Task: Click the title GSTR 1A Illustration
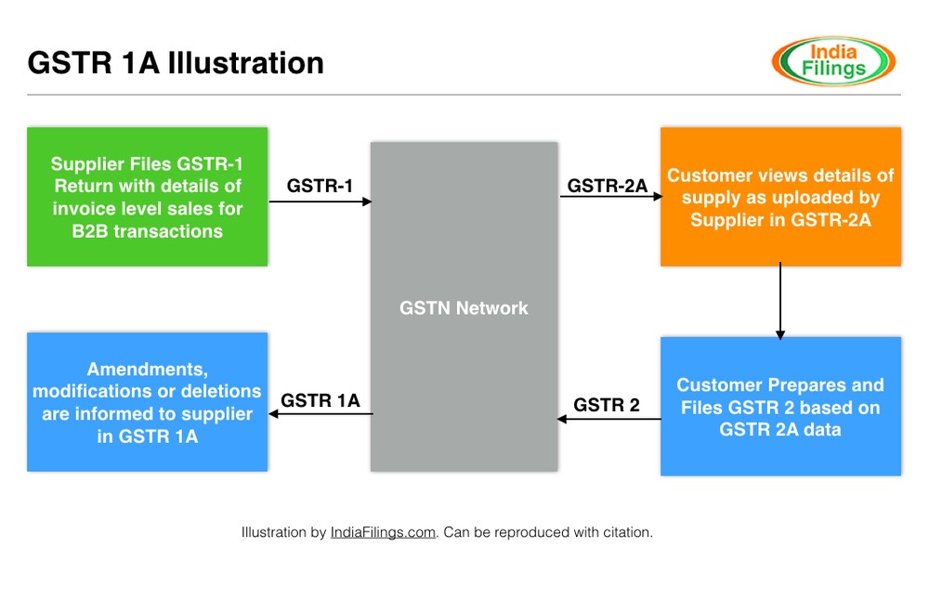(176, 62)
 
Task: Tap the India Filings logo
(833, 61)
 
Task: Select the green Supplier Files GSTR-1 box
(148, 197)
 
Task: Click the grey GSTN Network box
(464, 306)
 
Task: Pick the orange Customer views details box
(780, 197)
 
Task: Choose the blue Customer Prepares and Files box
(780, 407)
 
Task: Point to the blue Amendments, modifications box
(148, 401)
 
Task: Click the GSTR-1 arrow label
(320, 185)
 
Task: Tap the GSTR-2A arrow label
(608, 185)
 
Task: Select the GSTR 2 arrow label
(607, 405)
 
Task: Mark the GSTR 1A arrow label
(321, 401)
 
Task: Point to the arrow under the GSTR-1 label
(320, 201)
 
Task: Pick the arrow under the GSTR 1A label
(321, 415)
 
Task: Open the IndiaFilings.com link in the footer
(383, 532)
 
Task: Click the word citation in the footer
(628, 532)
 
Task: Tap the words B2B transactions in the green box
(148, 231)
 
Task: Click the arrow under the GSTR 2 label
(608, 419)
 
